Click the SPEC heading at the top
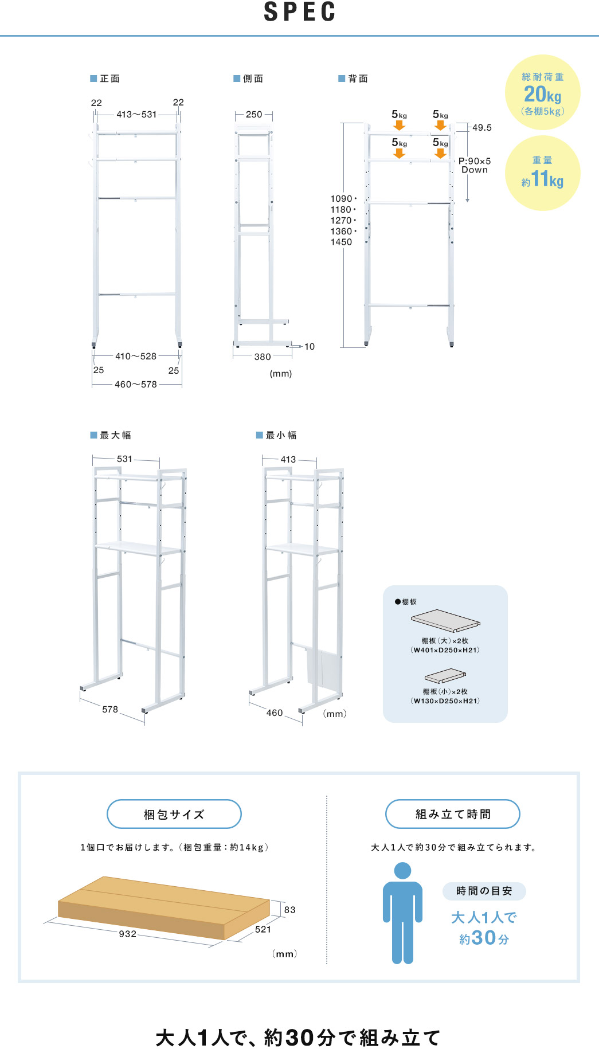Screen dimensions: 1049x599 [x=300, y=13]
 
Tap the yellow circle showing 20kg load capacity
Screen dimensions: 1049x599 [x=542, y=93]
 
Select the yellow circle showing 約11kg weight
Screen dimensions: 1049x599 [x=542, y=173]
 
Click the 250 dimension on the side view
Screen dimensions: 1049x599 [x=254, y=115]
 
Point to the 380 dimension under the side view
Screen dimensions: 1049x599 [x=263, y=357]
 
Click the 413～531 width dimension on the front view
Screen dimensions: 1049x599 [x=136, y=115]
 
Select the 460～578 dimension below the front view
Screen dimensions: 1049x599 [x=136, y=385]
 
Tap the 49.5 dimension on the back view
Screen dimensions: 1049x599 [x=481, y=128]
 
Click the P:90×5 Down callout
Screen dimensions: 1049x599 [x=475, y=165]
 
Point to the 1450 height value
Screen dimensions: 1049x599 [x=341, y=242]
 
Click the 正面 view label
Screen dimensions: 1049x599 [x=109, y=79]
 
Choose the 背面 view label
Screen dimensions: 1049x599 [x=358, y=79]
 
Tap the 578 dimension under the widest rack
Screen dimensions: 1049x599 [x=110, y=710]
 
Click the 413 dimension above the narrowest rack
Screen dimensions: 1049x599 [x=288, y=460]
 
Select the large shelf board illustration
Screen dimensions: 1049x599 [x=445, y=621]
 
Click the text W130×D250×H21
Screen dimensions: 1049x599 [x=445, y=701]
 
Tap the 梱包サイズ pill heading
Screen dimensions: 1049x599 [x=174, y=815]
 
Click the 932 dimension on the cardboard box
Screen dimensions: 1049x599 [x=128, y=934]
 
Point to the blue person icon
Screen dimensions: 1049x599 [x=403, y=914]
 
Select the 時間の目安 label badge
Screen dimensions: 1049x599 [x=484, y=891]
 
